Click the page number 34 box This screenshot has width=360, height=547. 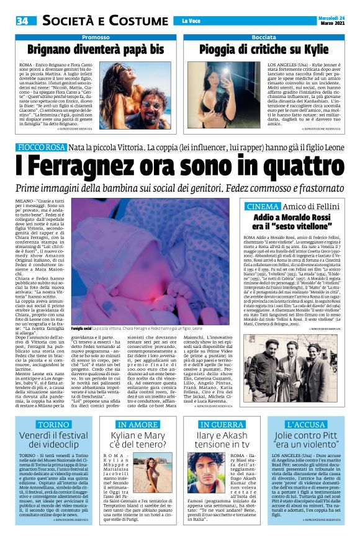coord(22,21)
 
